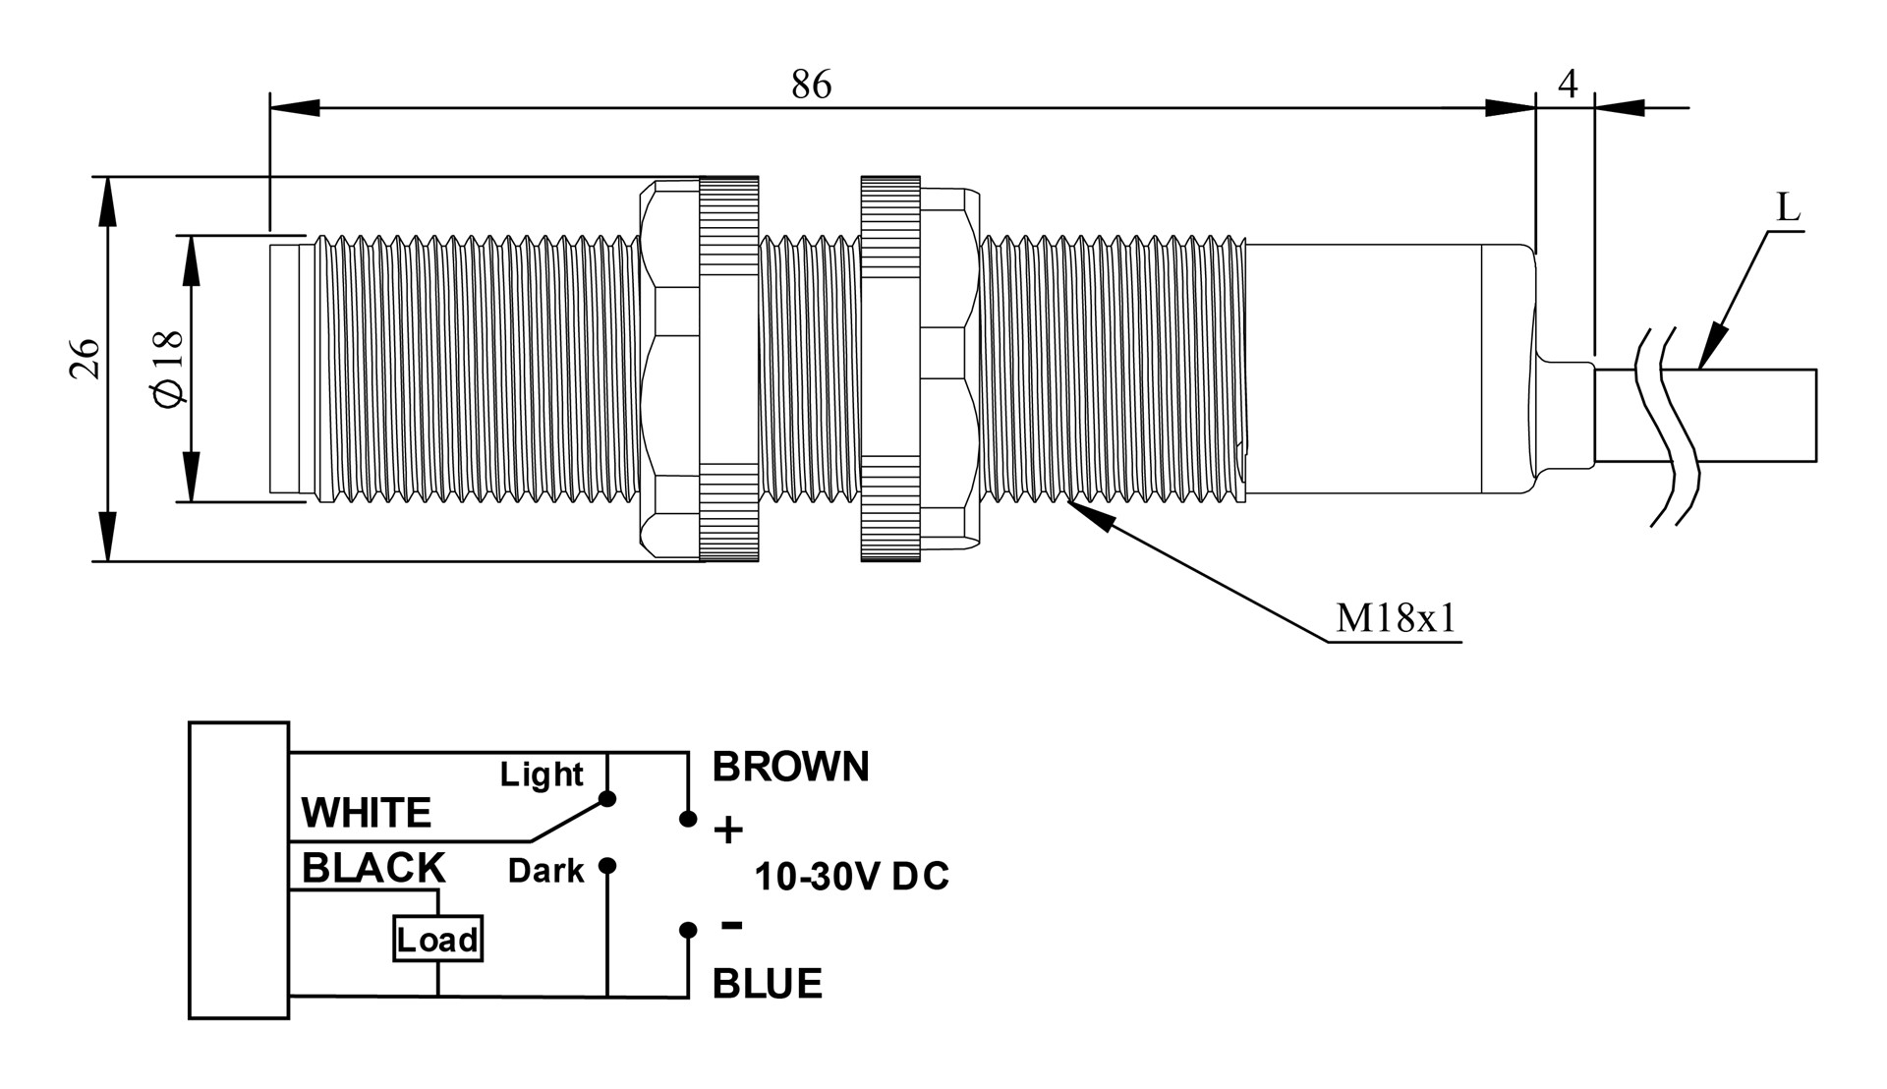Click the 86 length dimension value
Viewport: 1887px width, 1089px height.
point(811,86)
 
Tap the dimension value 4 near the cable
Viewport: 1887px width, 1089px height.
point(1568,85)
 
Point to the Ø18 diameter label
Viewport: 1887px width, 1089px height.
point(168,367)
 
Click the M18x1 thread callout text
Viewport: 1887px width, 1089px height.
point(1396,618)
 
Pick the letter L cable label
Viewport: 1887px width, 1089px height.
point(1788,208)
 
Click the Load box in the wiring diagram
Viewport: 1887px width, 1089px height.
point(437,940)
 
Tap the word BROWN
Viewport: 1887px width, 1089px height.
point(790,767)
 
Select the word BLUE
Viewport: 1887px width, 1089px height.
point(767,984)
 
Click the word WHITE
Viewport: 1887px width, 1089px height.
point(366,813)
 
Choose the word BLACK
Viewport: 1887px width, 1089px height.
point(373,869)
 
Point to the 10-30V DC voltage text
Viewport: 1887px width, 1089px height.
point(851,877)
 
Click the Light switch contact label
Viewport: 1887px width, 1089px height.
point(542,774)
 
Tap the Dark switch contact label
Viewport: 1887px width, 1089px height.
point(545,871)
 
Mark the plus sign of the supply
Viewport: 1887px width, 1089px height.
point(728,831)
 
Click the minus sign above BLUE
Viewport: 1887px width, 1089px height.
point(731,924)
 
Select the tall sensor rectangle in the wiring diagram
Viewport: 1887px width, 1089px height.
point(239,870)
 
